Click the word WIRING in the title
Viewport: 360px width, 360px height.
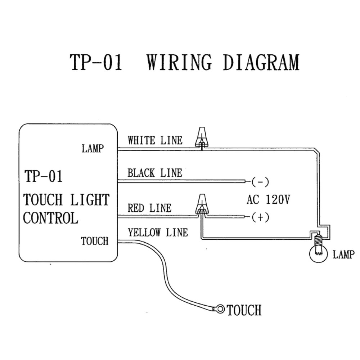tap(180, 62)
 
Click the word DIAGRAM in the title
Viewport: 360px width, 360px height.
tap(261, 62)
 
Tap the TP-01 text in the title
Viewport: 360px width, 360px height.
tap(96, 62)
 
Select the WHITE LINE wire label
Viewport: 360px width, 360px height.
tap(155, 140)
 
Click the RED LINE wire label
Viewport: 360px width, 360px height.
tap(149, 208)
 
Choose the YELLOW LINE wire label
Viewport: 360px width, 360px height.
tap(158, 233)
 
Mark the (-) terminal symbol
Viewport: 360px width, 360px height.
tap(260, 181)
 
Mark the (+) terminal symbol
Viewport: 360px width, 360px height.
tap(260, 217)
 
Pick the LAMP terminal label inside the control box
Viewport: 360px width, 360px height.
tap(93, 148)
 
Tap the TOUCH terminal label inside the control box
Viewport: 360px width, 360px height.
tap(94, 241)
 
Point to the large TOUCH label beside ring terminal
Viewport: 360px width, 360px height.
tap(244, 310)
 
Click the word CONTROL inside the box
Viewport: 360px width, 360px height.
tap(50, 218)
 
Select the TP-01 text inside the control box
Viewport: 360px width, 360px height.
tap(44, 176)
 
